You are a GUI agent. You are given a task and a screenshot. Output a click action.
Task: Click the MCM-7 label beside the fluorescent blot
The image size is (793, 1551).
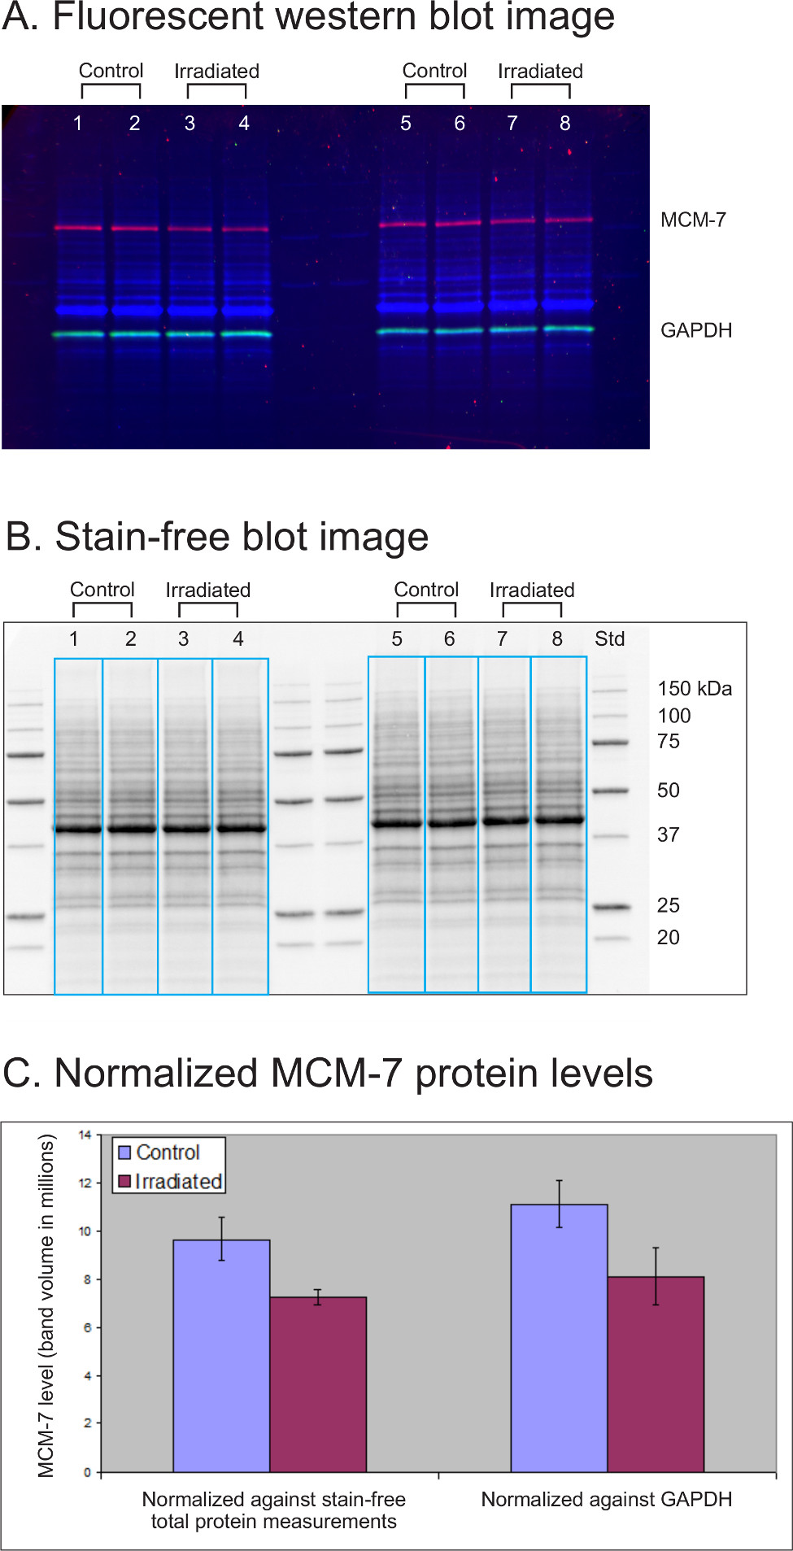point(693,220)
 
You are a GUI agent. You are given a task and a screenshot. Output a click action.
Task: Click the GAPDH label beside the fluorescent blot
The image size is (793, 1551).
point(696,330)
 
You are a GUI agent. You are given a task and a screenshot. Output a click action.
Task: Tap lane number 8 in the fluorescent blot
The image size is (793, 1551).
point(564,124)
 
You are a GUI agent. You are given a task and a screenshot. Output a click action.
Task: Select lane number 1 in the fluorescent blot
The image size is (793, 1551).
point(77,124)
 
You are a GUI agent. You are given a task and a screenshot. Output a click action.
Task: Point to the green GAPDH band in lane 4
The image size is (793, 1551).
point(245,333)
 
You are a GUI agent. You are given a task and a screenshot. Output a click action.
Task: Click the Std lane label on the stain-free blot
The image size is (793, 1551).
point(609,639)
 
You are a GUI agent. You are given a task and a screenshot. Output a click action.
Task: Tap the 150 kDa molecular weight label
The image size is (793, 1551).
point(695,689)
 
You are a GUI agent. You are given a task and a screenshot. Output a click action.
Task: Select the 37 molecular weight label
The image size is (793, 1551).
point(668,835)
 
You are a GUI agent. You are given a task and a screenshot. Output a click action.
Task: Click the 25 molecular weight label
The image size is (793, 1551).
point(668,905)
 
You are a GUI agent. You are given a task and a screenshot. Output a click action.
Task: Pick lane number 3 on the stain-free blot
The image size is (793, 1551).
point(183,639)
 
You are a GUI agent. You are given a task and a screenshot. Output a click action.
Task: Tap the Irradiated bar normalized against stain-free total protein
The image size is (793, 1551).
point(318,1383)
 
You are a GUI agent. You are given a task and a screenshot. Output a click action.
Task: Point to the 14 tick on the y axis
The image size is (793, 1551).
point(85,1135)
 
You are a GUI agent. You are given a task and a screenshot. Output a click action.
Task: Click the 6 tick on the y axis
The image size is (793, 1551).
point(86,1327)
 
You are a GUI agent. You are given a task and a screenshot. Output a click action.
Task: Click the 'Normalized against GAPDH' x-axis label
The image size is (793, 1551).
point(606,1499)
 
